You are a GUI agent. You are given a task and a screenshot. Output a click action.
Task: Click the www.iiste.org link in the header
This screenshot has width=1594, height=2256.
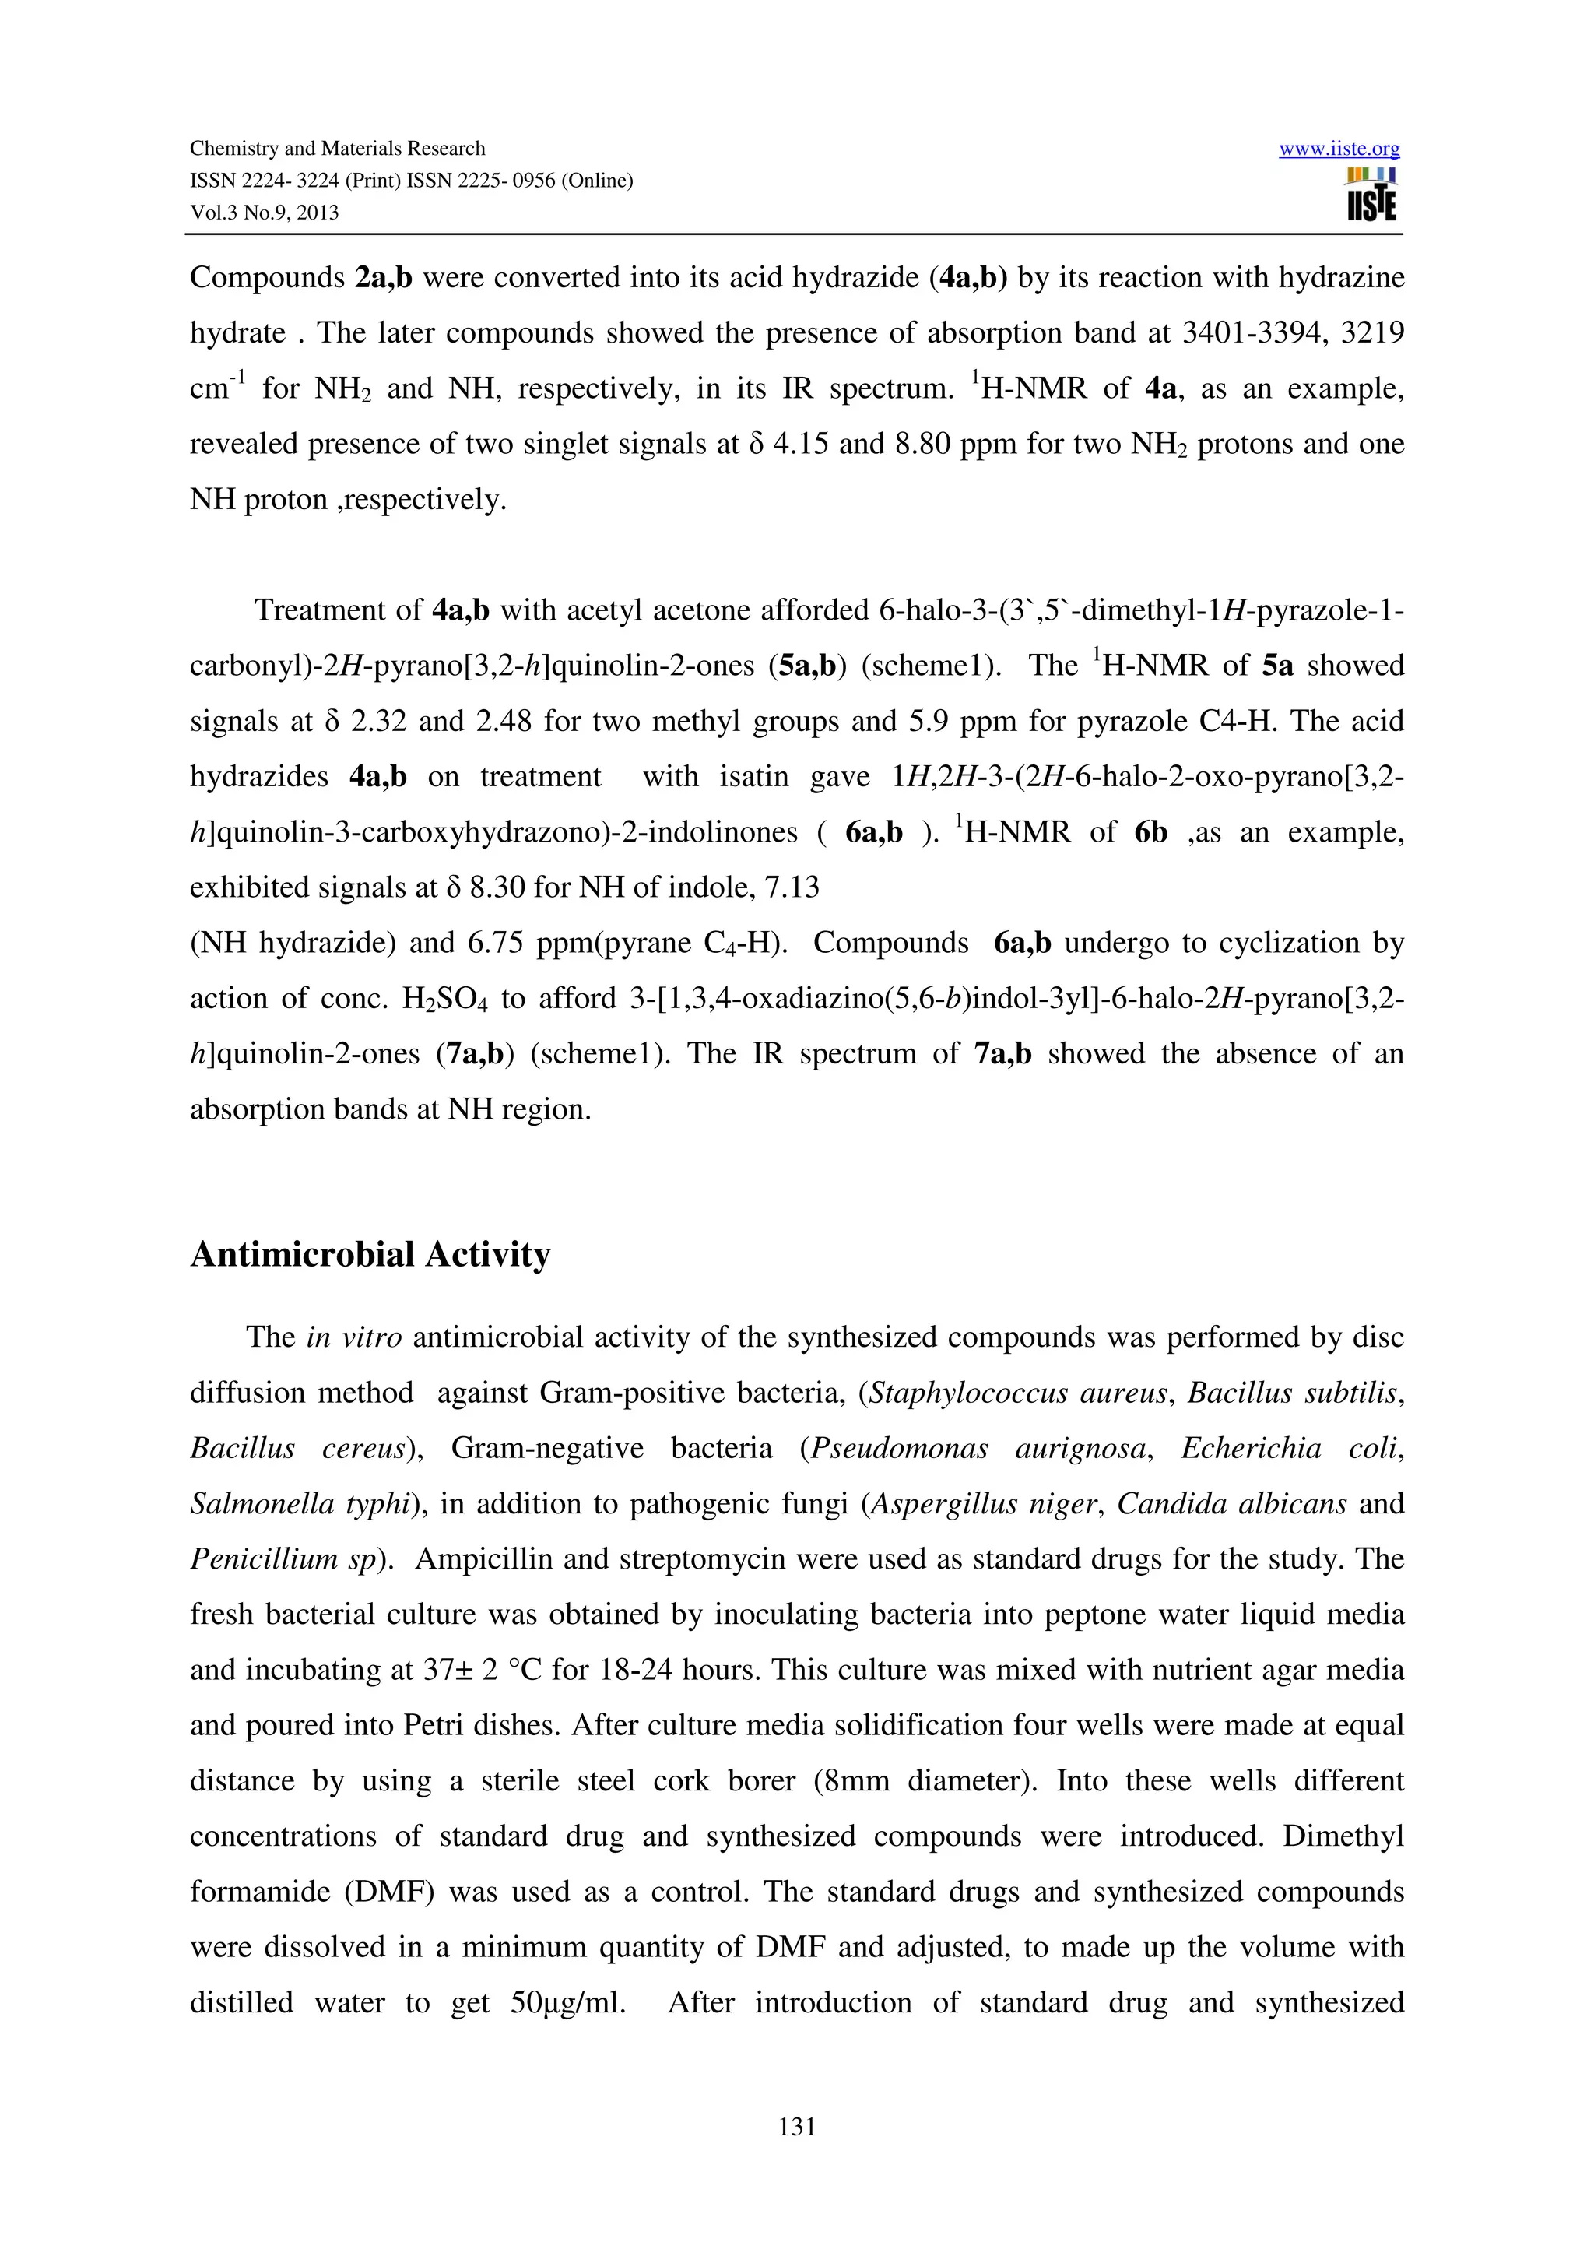pos(1339,149)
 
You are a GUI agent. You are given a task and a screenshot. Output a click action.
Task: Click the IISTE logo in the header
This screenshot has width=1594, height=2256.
pos(1371,195)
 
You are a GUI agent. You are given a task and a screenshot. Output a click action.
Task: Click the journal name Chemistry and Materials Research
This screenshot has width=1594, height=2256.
pos(337,149)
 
